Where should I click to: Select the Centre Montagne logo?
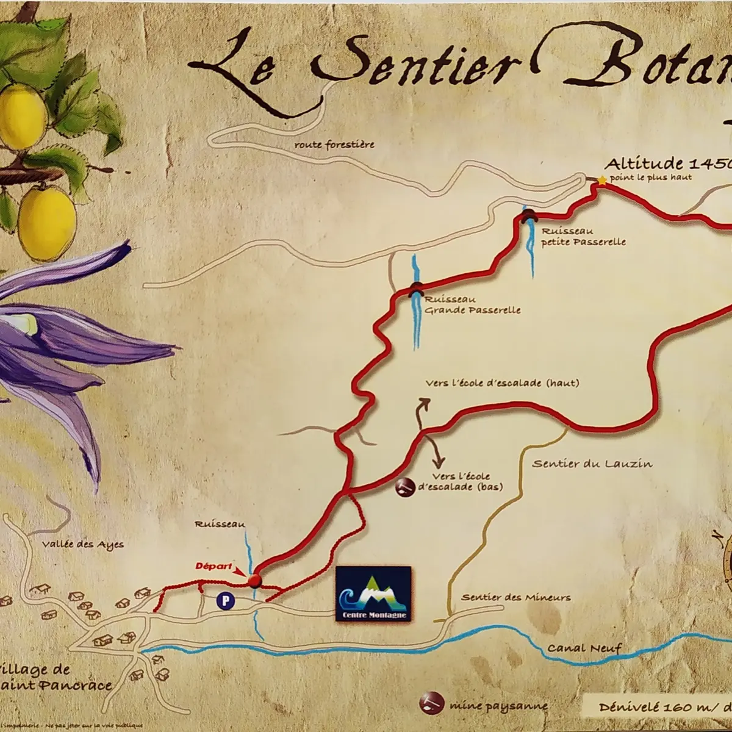tap(373, 594)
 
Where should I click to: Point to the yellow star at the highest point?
tap(603, 180)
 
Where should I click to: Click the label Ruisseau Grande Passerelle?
tap(472, 305)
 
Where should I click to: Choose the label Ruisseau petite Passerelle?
tap(583, 237)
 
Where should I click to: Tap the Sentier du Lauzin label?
tap(592, 464)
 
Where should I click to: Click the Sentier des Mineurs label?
tap(516, 597)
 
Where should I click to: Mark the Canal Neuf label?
tap(584, 648)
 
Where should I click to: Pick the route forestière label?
tap(334, 145)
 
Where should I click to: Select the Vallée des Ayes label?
tap(83, 544)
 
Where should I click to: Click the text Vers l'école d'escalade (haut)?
tap(501, 383)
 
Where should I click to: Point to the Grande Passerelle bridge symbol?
tap(416, 289)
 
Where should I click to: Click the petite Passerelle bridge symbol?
tap(528, 215)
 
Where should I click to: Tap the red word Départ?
tap(213, 565)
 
